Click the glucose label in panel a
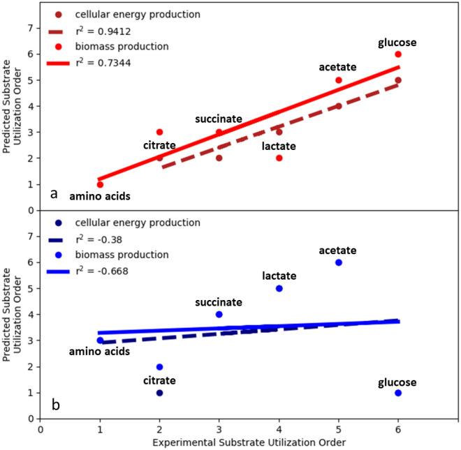397,43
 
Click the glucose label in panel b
397,382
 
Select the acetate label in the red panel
337,67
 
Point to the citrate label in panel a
159,146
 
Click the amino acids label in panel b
98,352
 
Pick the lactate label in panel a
279,146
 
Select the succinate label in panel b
219,302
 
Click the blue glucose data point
398,393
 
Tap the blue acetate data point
339,262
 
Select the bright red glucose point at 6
398,54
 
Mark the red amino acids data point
100,184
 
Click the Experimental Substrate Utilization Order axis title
249,442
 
